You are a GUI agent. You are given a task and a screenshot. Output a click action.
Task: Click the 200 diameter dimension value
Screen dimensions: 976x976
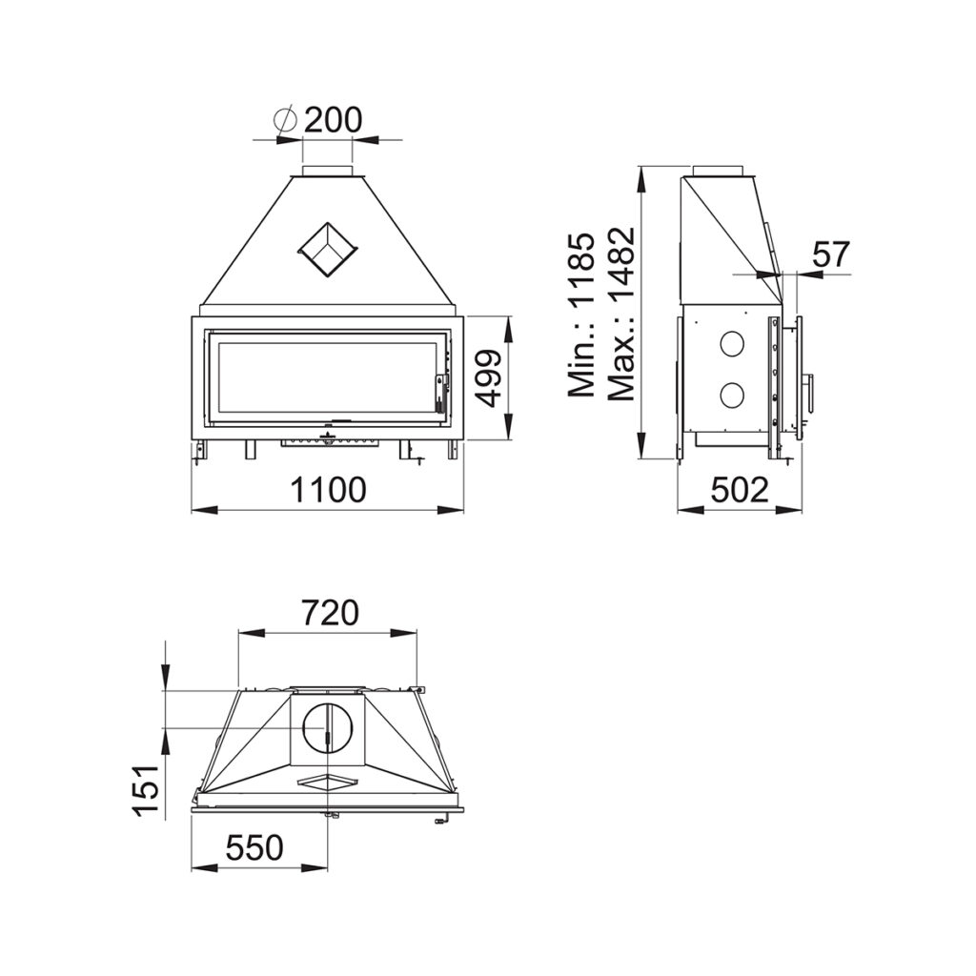point(333,120)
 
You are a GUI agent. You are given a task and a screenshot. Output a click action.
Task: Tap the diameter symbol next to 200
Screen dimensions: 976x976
point(286,120)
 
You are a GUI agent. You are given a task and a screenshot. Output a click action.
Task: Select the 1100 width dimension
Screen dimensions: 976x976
point(329,490)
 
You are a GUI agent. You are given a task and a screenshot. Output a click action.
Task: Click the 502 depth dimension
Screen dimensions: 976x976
point(740,490)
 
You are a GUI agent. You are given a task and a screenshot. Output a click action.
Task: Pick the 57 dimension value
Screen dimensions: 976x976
point(831,254)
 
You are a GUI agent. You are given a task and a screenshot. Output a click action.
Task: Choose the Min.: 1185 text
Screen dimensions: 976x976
point(581,315)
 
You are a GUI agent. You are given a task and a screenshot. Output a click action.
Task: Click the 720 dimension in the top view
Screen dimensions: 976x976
point(331,613)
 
